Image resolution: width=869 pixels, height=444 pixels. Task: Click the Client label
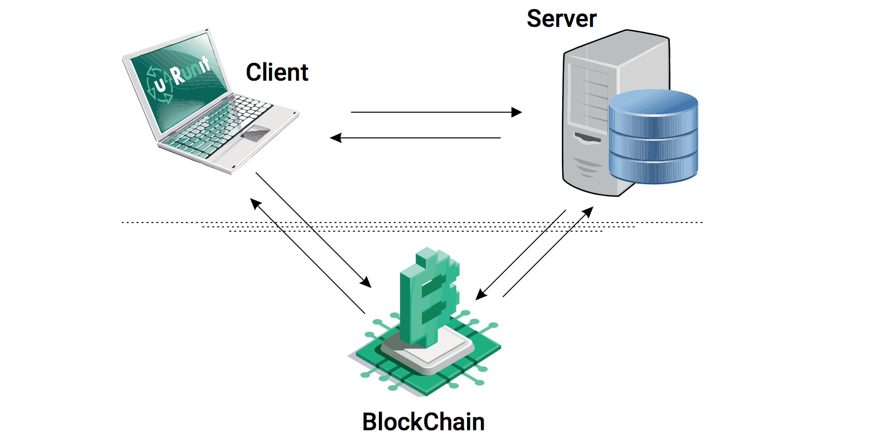tap(277, 73)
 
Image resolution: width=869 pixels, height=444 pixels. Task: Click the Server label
tap(561, 18)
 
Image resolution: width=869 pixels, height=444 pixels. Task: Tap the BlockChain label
tap(423, 422)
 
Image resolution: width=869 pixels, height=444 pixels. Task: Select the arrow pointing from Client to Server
tap(435, 112)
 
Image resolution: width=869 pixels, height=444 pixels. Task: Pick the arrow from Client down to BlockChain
tap(313, 229)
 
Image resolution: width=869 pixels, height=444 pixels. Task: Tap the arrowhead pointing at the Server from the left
tap(517, 112)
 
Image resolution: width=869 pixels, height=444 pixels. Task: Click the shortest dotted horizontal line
tap(416, 232)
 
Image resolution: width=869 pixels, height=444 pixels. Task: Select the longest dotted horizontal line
tap(412, 222)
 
